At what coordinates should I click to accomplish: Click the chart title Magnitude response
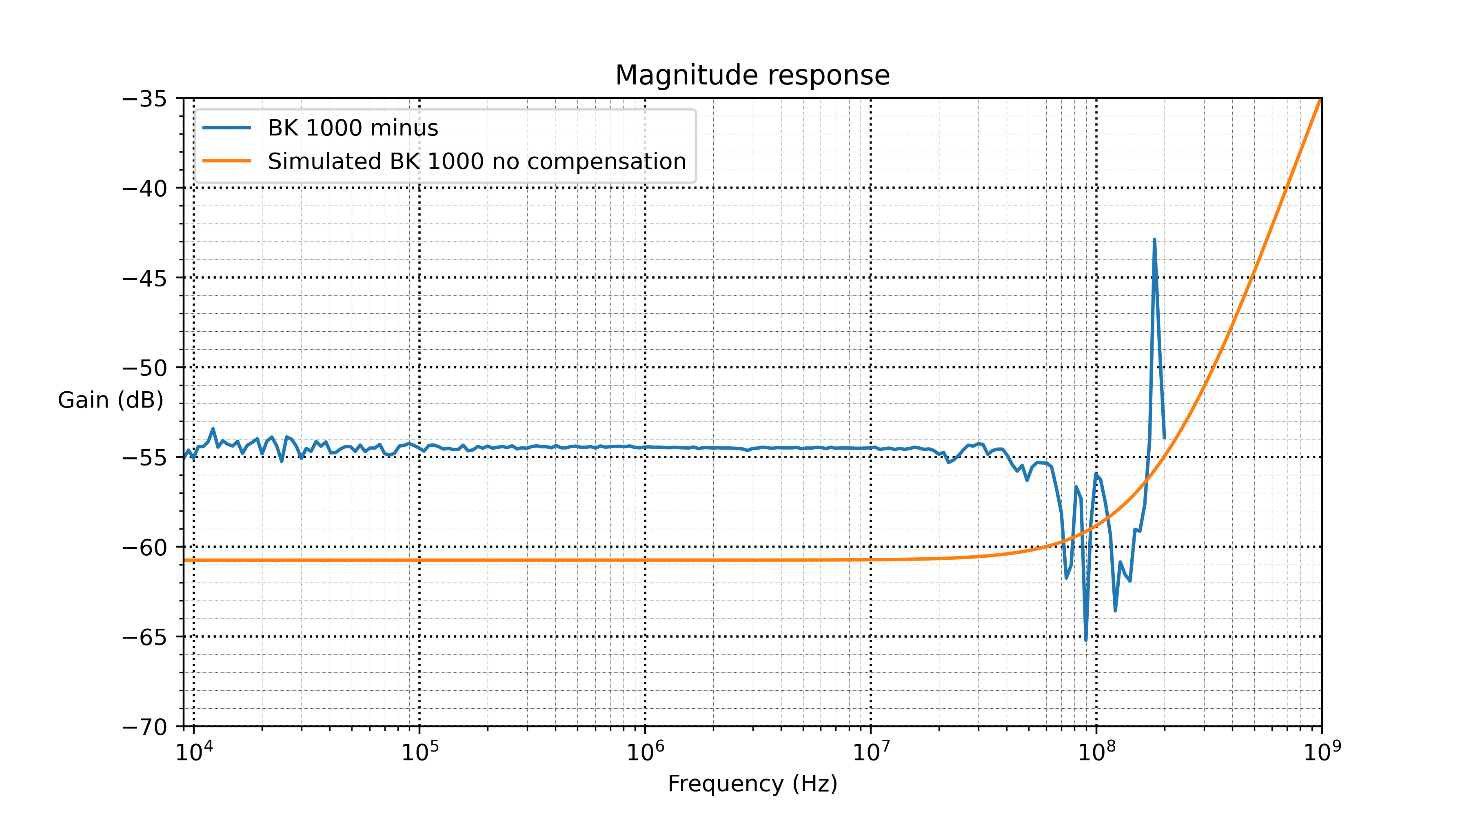point(752,75)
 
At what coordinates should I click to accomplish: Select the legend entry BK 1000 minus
point(353,128)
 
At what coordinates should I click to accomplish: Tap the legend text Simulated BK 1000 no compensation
point(477,162)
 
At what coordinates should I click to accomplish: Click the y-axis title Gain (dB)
point(111,400)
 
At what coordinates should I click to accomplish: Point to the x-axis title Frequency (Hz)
point(752,783)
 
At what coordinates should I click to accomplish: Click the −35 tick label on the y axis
point(145,99)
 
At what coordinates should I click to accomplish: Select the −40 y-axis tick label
point(145,189)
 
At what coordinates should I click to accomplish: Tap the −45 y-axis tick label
point(145,279)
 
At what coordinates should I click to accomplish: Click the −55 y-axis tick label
point(145,458)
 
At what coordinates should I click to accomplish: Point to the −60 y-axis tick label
point(145,548)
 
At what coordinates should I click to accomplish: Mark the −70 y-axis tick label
point(145,727)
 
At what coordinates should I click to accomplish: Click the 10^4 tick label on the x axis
point(194,752)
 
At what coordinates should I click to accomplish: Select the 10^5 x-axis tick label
point(420,752)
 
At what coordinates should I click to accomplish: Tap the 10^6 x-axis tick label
point(645,752)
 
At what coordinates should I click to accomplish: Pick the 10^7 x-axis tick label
point(871,752)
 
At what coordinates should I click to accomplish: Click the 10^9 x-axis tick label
point(1322,752)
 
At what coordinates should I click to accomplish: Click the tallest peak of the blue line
point(1154,239)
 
